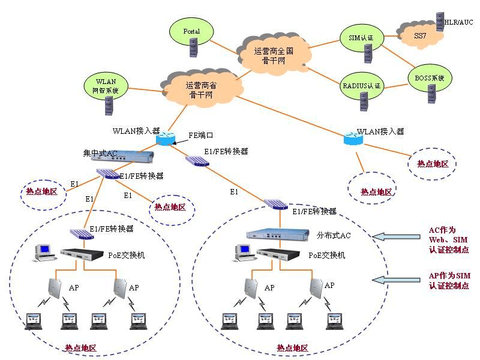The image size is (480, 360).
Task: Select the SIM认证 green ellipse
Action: click(361, 38)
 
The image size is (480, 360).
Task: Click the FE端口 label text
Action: click(201, 136)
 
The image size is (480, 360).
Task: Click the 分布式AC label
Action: click(333, 235)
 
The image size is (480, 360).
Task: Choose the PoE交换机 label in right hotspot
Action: click(326, 255)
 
